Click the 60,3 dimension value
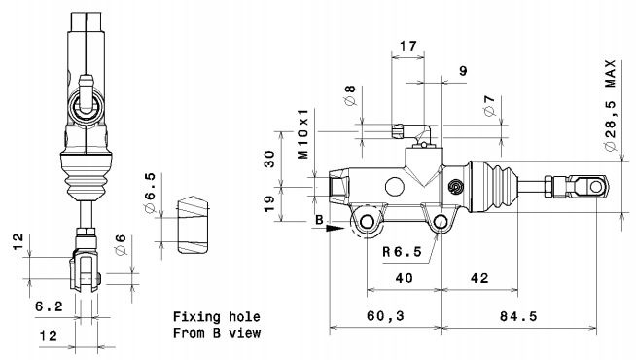pyautogui.click(x=385, y=316)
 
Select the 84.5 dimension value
pyautogui.click(x=518, y=316)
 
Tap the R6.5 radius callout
pyautogui.click(x=403, y=252)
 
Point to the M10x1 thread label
pyautogui.click(x=303, y=133)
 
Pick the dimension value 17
pyautogui.click(x=408, y=46)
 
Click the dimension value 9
pyautogui.click(x=463, y=71)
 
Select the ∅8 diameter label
pyautogui.click(x=350, y=95)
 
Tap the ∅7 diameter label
pyautogui.click(x=490, y=105)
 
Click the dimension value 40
pyautogui.click(x=404, y=278)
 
